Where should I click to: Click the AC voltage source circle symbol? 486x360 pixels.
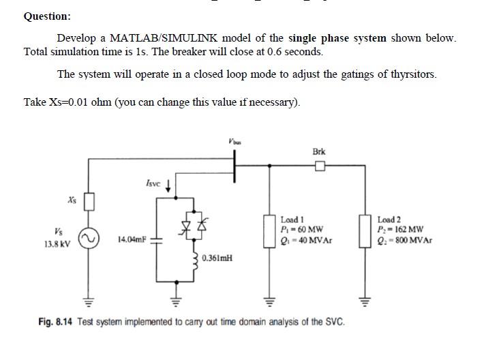coord(88,238)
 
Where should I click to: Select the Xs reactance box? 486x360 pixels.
coord(88,202)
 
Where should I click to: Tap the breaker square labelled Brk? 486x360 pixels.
coord(319,166)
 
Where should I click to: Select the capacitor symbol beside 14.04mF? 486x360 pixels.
coord(155,239)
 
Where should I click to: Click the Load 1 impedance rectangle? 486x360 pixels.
coord(271,229)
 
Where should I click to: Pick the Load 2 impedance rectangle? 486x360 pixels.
coord(367,229)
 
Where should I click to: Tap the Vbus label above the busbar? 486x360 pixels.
coord(235,141)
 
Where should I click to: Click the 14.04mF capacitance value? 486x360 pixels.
coord(132,239)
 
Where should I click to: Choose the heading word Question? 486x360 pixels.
coord(47,16)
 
